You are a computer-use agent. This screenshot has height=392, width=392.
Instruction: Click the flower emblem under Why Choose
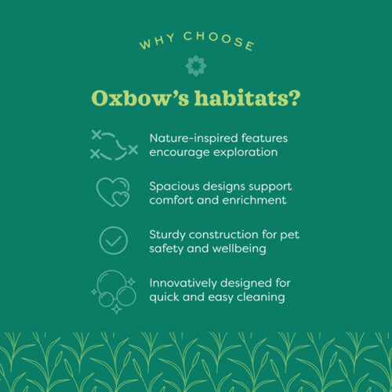tap(195, 65)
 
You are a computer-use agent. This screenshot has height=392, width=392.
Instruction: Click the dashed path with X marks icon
tap(114, 144)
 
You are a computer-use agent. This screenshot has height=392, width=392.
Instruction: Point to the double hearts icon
tap(113, 192)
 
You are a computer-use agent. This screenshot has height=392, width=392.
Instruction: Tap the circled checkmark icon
tap(113, 240)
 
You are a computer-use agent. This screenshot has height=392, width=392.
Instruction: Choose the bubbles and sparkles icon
tap(113, 291)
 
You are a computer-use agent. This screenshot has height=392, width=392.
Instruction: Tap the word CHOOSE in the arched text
tap(219, 40)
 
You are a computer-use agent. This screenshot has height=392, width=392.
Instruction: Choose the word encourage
tap(177, 152)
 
